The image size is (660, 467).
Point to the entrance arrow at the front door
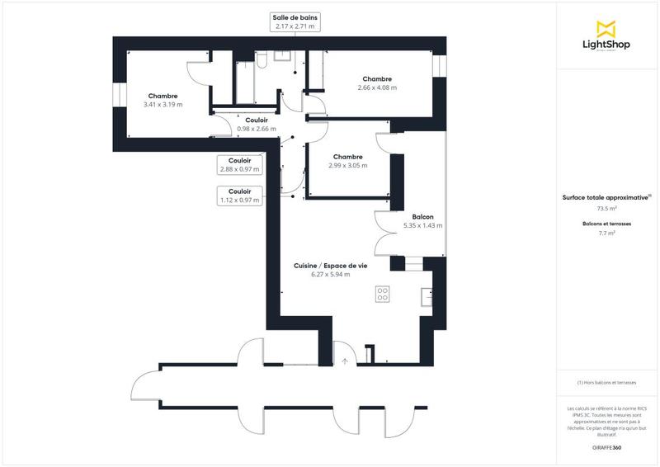345,361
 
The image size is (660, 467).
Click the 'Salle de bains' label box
295,21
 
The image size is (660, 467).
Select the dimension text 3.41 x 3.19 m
163,105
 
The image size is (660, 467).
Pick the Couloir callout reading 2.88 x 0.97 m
239,165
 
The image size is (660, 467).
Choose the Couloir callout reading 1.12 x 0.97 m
239,196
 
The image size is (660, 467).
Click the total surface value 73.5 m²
607,209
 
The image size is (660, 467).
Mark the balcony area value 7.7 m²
607,233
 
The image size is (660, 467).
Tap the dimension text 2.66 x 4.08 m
377,87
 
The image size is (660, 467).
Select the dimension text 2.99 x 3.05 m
348,165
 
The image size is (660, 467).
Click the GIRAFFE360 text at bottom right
607,446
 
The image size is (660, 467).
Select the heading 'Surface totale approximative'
607,198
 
